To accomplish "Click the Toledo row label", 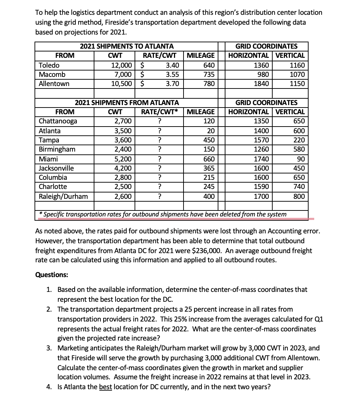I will point(49,65).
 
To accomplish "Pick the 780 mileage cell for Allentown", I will point(209,84).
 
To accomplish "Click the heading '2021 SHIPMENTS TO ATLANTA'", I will point(126,46).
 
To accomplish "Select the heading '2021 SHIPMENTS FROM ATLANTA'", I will point(126,103).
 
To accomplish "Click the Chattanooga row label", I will point(58,121).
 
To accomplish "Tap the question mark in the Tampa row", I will point(160,140).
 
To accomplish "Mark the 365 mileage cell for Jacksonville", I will point(209,168).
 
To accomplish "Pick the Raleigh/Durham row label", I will point(63,196).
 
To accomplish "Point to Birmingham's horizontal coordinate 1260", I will point(262,149).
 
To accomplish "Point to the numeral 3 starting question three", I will point(49,348).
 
